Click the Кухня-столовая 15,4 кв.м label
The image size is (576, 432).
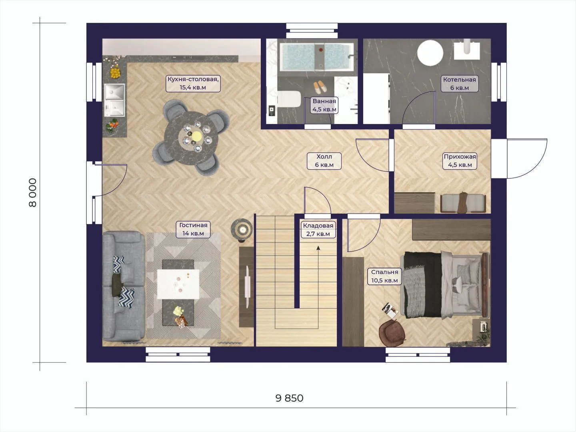(193, 83)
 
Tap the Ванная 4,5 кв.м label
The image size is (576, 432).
(324, 105)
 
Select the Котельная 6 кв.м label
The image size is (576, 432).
(460, 84)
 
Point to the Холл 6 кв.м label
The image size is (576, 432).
(324, 161)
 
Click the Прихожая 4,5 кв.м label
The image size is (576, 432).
(460, 161)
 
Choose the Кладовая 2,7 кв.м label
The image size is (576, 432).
(318, 230)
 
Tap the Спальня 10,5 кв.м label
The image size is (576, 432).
(384, 276)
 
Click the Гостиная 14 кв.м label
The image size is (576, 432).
(193, 229)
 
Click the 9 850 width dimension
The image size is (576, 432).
(289, 398)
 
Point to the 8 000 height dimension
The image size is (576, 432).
(32, 193)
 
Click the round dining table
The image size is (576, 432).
(191, 138)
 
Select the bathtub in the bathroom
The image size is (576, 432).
(317, 57)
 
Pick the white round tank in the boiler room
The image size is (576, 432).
(430, 53)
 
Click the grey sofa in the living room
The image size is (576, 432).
(124, 286)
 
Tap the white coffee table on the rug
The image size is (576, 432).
(178, 284)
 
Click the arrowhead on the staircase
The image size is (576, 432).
(318, 248)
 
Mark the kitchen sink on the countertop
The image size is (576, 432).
(114, 100)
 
